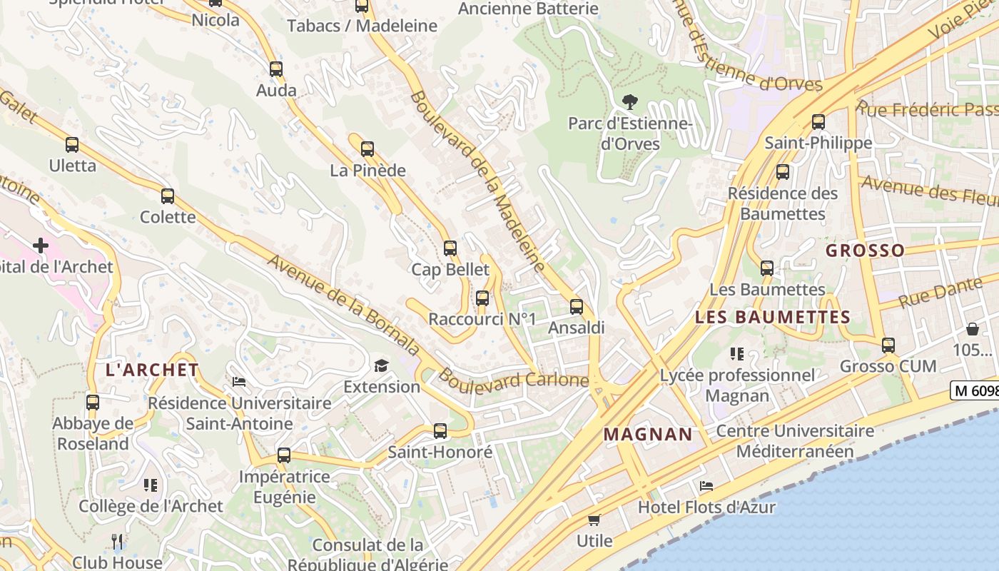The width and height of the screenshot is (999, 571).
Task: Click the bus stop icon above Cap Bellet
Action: [450, 248]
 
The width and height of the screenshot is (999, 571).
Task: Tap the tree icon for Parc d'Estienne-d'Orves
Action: [629, 102]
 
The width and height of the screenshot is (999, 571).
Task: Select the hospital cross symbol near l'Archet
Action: [41, 246]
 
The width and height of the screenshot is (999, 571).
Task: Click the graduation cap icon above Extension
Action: [382, 366]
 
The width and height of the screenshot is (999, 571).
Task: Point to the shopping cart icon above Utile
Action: [594, 520]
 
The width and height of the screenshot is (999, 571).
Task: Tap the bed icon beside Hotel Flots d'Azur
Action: [706, 486]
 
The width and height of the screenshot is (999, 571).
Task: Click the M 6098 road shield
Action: [975, 390]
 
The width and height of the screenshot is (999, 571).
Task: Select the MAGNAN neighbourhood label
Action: [648, 434]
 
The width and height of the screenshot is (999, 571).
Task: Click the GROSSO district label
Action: [865, 251]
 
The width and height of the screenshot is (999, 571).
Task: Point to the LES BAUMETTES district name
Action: [772, 317]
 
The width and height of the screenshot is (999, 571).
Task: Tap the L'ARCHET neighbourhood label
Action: [152, 370]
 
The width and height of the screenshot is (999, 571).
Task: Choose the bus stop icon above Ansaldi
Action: [577, 307]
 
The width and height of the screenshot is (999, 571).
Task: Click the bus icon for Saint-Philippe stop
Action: [818, 122]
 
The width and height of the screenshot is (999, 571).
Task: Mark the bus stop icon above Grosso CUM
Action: [888, 345]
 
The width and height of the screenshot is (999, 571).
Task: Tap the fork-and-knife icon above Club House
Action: [118, 542]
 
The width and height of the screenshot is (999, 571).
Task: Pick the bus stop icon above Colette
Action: [168, 196]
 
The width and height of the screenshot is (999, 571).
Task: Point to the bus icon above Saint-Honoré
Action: [440, 431]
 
